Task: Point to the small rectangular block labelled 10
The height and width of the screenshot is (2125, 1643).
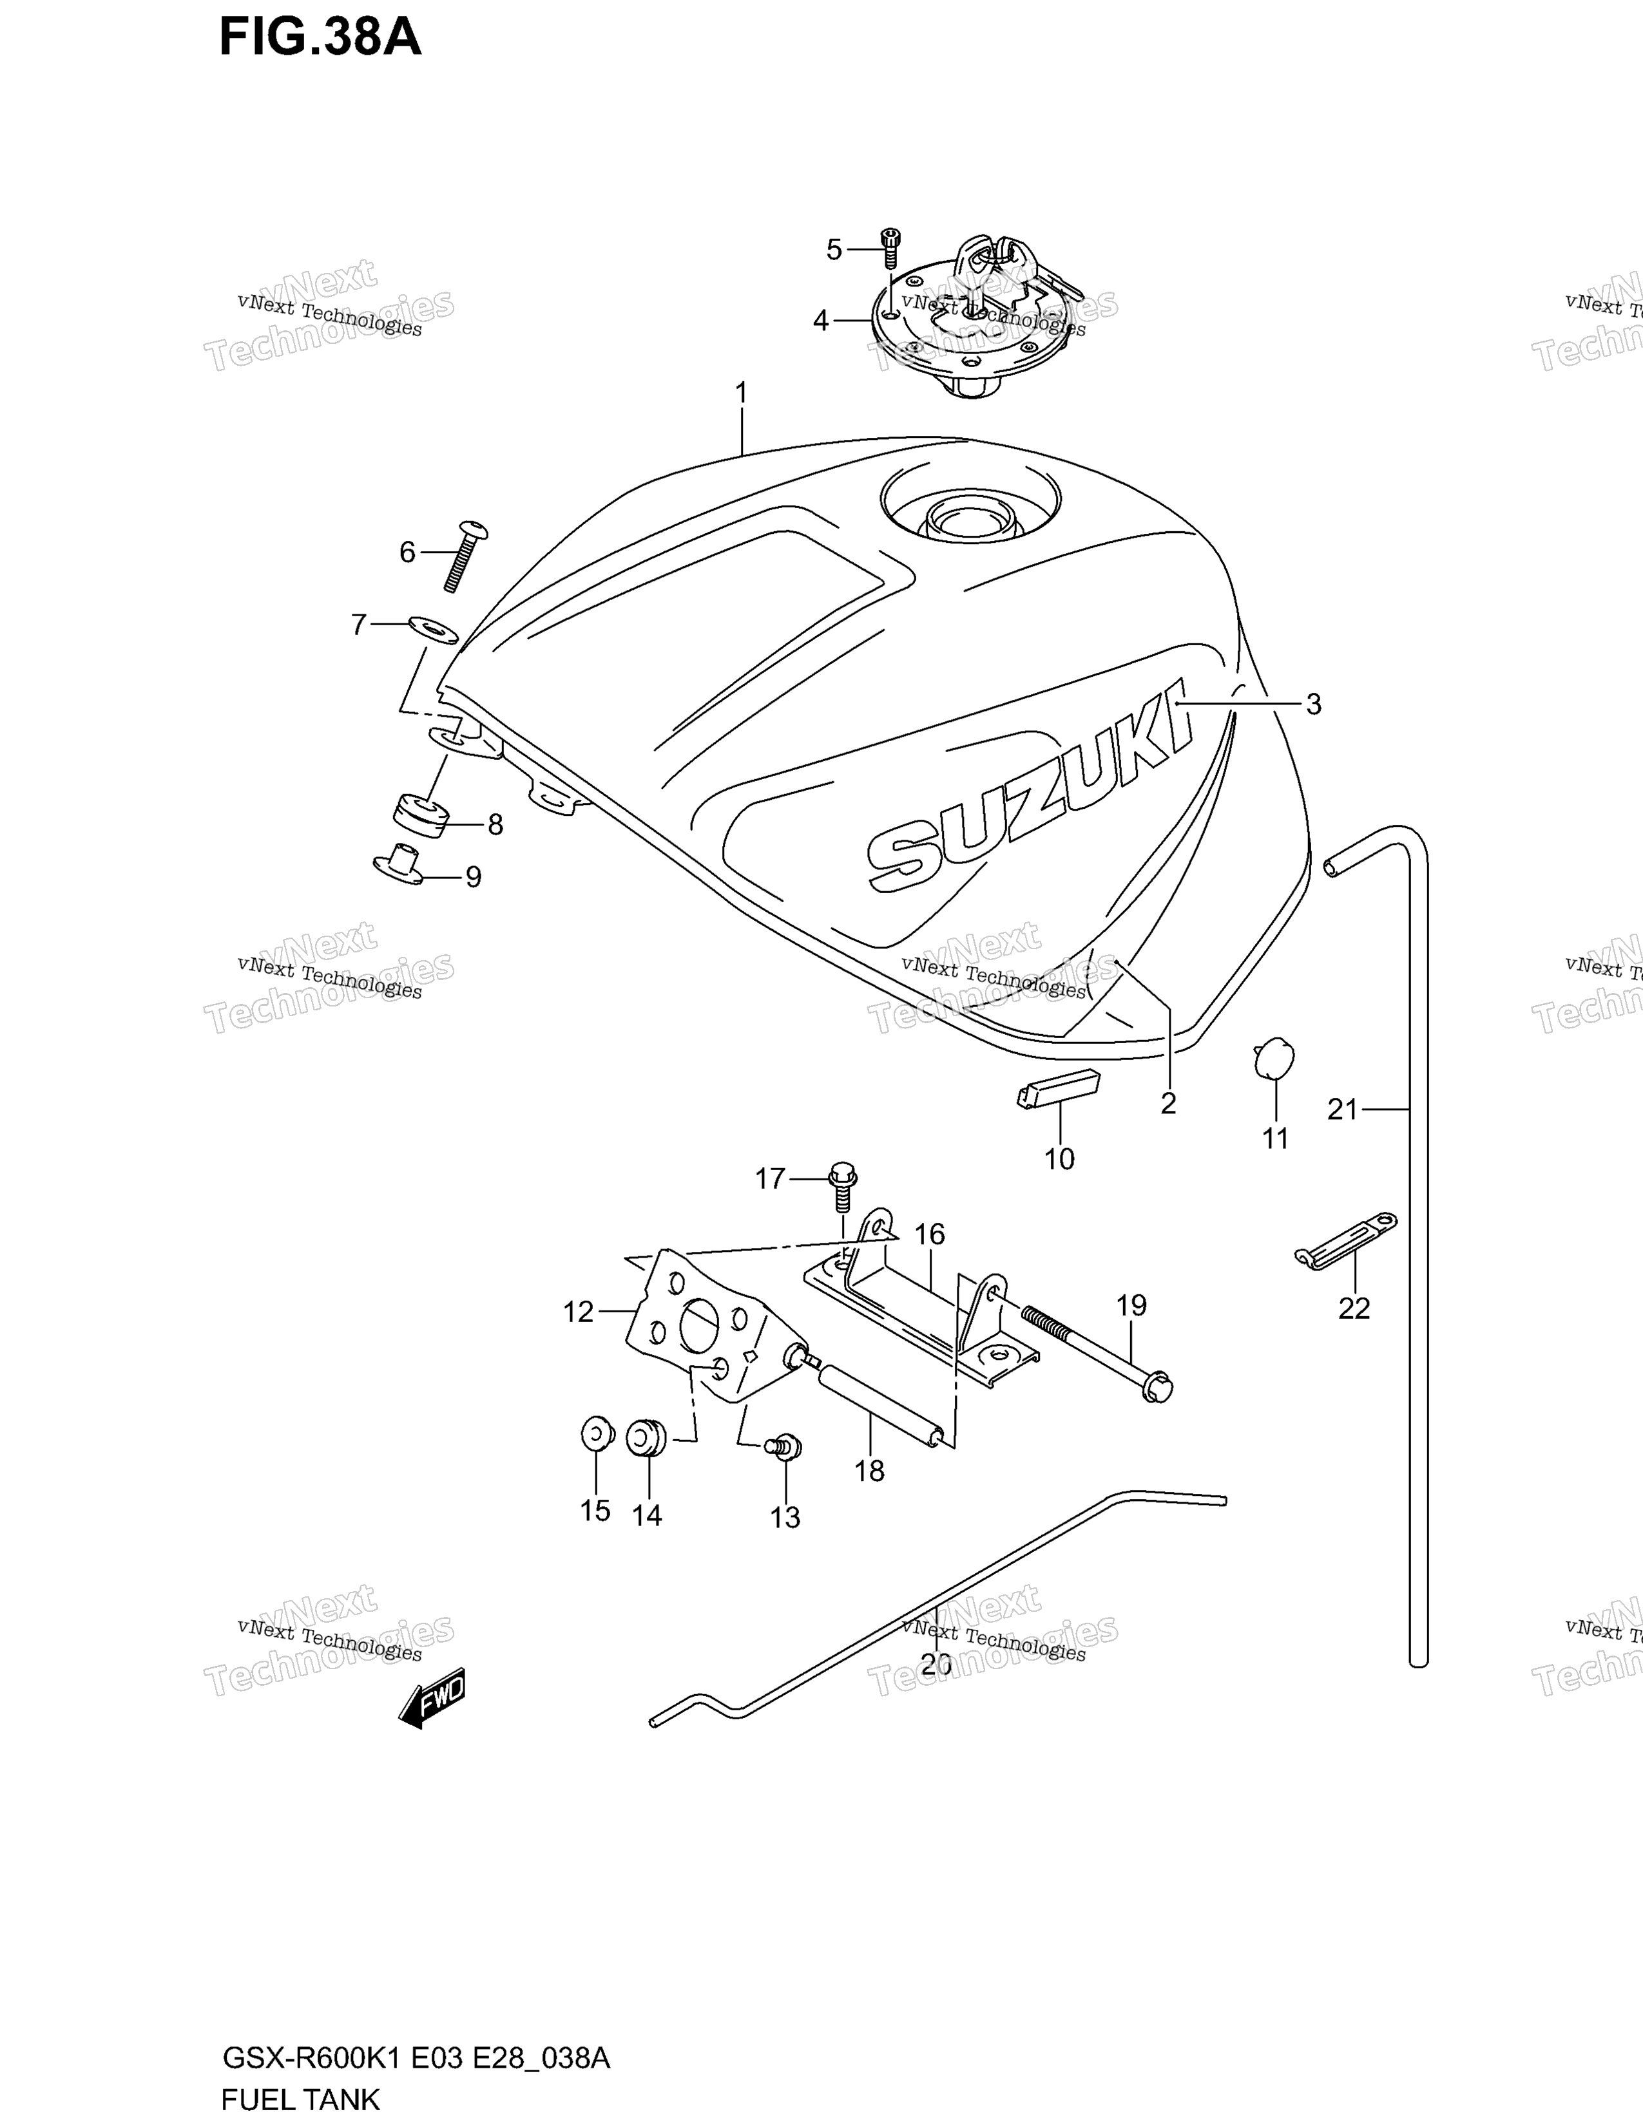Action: click(x=1058, y=1089)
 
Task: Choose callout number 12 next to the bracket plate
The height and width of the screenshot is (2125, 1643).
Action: click(x=578, y=1312)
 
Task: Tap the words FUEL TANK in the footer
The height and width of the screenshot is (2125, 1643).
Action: click(x=301, y=2100)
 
